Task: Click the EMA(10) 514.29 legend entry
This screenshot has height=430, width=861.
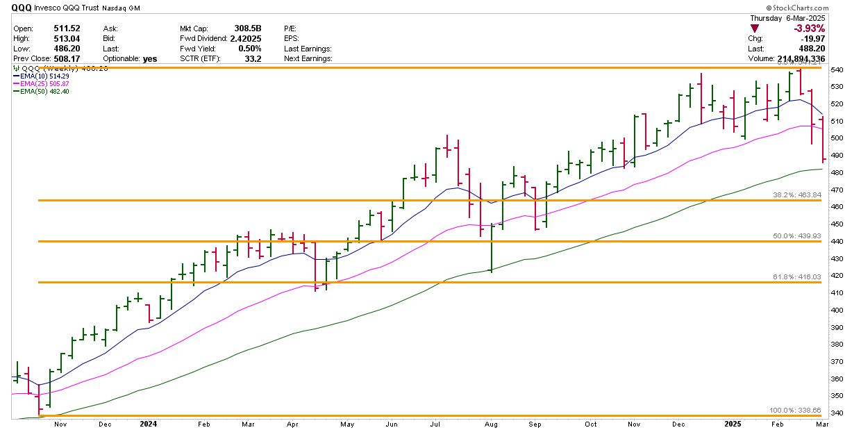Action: (x=44, y=76)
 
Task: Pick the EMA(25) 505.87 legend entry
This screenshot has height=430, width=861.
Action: (x=44, y=83)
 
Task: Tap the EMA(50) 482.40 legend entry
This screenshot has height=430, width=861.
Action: (x=44, y=91)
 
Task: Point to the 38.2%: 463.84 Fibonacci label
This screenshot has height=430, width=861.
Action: (x=798, y=195)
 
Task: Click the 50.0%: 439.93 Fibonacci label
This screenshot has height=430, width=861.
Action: (x=798, y=235)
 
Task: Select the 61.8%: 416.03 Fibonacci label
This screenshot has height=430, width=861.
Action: (x=798, y=276)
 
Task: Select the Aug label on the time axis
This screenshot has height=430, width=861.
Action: (x=492, y=423)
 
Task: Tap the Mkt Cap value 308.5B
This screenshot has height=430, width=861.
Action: (x=249, y=29)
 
